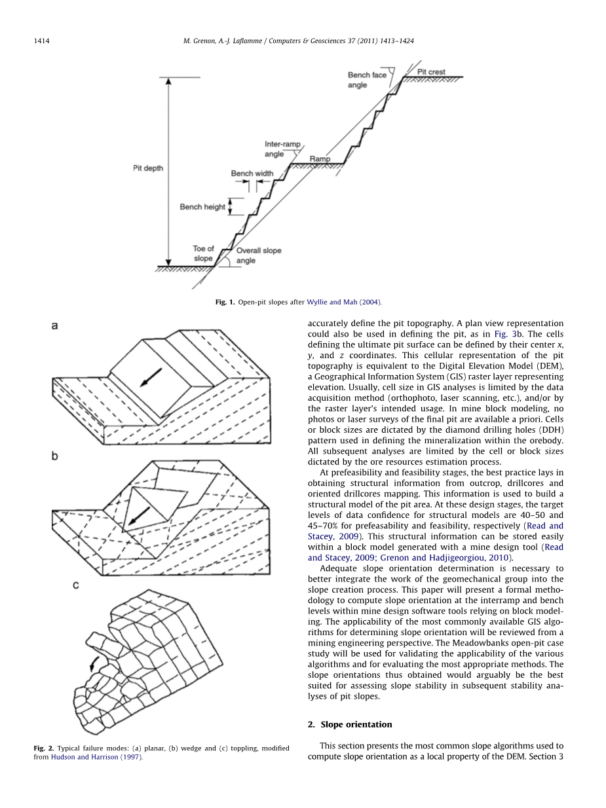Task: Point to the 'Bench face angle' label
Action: point(367,80)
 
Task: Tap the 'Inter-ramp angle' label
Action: point(282,149)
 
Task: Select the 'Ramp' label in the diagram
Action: point(320,158)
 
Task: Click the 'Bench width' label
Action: point(252,174)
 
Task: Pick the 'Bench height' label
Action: point(202,207)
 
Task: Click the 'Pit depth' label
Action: point(148,168)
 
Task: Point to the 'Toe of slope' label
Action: point(203,253)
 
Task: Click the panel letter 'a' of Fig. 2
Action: point(55,325)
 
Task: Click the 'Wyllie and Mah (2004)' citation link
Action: point(344,302)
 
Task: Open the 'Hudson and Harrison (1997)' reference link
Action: point(96,757)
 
